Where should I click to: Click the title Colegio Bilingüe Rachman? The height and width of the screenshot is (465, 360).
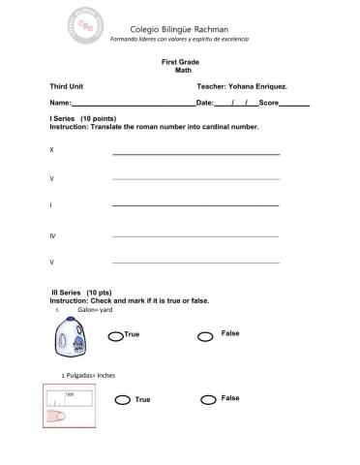pyautogui.click(x=179, y=27)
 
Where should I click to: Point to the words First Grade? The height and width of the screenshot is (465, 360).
pyautogui.click(x=179, y=62)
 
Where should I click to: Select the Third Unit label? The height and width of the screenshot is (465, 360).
pyautogui.click(x=67, y=87)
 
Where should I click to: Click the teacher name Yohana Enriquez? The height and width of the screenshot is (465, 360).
pyautogui.click(x=249, y=87)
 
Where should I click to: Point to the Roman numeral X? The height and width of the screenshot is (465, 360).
pyautogui.click(x=51, y=150)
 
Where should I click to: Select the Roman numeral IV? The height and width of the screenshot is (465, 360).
pyautogui.click(x=53, y=234)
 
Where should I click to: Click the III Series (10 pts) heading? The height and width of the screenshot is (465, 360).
pyautogui.click(x=80, y=292)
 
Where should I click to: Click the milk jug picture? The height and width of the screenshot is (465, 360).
pyautogui.click(x=75, y=337)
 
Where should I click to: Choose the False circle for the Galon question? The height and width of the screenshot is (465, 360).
pyautogui.click(x=205, y=336)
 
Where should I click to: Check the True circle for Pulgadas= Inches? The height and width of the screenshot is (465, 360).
pyautogui.click(x=122, y=400)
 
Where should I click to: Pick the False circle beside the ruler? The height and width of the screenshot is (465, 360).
pyautogui.click(x=207, y=399)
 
